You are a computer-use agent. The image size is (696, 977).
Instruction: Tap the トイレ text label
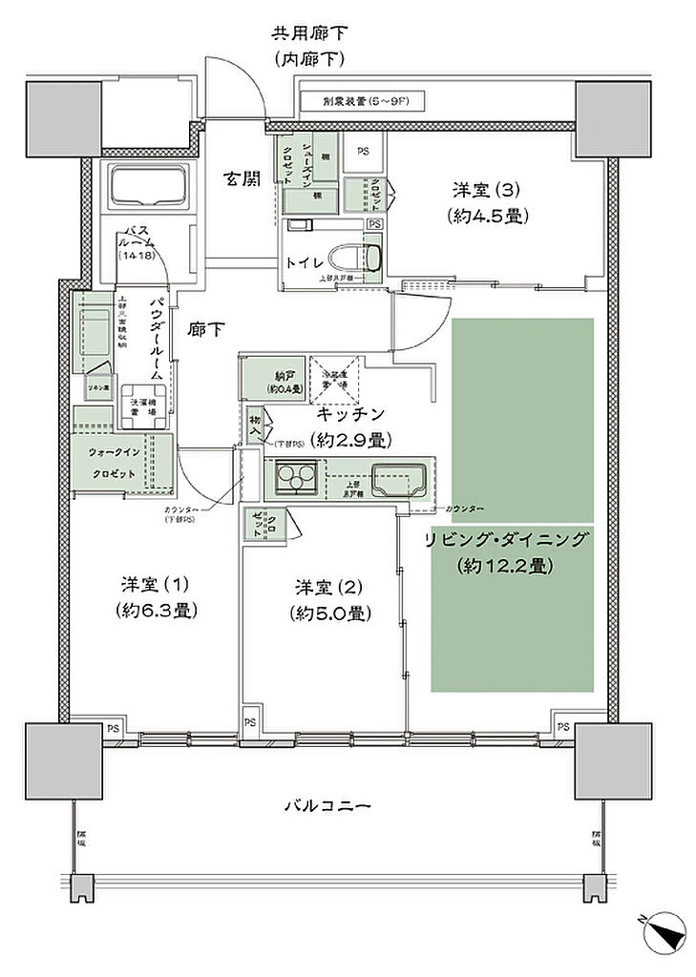pos(300,260)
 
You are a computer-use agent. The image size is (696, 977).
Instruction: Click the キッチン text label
pos(350,414)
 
